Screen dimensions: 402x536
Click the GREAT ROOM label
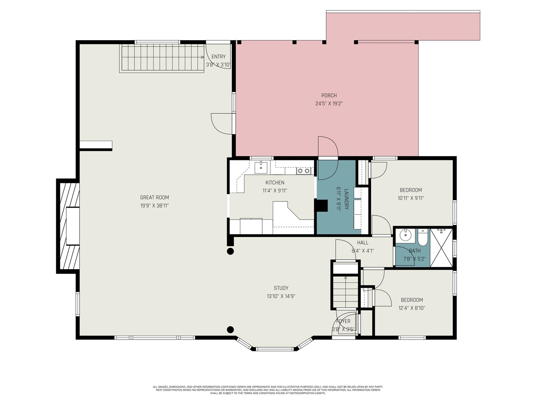point(155,198)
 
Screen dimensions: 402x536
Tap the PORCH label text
point(329,95)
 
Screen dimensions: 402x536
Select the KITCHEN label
point(275,183)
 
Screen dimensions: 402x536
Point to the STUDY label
point(281,288)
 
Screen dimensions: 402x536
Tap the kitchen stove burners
point(304,171)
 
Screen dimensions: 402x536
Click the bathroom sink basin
point(405,235)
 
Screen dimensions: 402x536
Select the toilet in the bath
point(423,237)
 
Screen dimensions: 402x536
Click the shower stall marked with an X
point(441,247)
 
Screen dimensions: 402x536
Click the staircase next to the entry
point(162,58)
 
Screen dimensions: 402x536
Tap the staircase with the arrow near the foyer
point(345,291)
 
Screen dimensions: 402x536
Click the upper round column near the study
point(230,251)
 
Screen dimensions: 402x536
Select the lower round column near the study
point(230,330)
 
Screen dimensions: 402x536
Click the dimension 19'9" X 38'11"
point(155,206)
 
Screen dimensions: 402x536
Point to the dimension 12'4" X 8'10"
point(412,308)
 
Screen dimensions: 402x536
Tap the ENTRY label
point(218,57)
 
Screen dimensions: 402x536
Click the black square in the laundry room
point(321,206)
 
